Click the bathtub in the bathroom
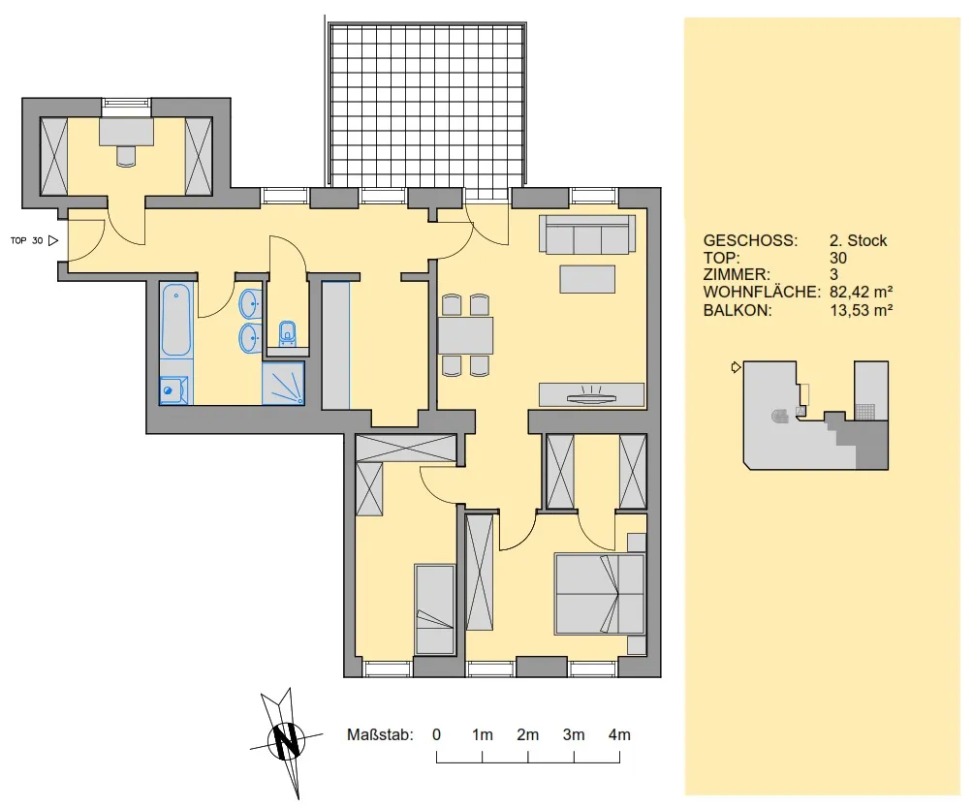point(176,320)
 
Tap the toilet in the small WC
point(287,333)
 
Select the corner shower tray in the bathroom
point(284,384)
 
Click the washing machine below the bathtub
point(173,390)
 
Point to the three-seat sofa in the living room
point(587,234)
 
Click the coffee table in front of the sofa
point(587,279)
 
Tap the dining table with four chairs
point(466,335)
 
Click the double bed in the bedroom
point(600,594)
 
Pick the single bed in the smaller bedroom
point(435,609)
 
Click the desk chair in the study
point(126,156)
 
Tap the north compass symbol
point(286,741)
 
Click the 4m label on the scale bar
point(619,734)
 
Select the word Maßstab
point(380,734)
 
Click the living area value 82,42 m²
point(862,292)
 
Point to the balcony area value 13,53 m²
point(862,310)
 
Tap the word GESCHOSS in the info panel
point(750,240)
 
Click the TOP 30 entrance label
point(27,240)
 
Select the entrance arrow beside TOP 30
point(53,240)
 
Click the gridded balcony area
point(427,105)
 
